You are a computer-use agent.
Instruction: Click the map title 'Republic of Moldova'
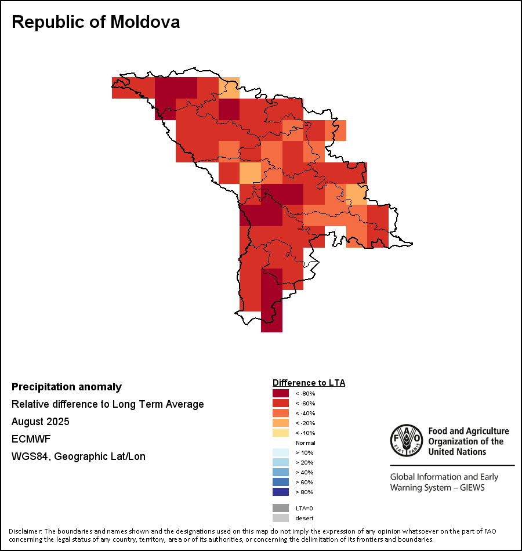tap(96, 22)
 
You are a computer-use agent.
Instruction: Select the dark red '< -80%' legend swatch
tap(281, 393)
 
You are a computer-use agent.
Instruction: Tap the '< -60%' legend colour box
tap(281, 403)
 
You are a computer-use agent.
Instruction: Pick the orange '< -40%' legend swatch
tap(281, 413)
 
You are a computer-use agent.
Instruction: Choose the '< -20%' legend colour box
tap(281, 423)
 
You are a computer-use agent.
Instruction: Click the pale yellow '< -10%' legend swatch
tap(281, 433)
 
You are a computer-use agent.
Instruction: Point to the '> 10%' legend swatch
tap(281, 452)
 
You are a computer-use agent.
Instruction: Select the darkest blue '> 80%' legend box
tap(281, 492)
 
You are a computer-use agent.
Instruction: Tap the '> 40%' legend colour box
tap(281, 472)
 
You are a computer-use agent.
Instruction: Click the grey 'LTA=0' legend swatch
tap(281, 508)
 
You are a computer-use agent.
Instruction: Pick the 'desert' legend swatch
tap(281, 518)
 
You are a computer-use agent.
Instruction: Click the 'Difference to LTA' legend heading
tap(309, 383)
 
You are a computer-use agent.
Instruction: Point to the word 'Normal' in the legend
tap(305, 443)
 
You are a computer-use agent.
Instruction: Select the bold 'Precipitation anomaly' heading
tap(67, 387)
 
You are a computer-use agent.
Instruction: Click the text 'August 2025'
tap(41, 421)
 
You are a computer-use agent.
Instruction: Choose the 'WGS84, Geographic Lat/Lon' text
tap(78, 456)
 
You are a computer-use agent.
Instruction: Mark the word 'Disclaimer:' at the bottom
tap(25, 531)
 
